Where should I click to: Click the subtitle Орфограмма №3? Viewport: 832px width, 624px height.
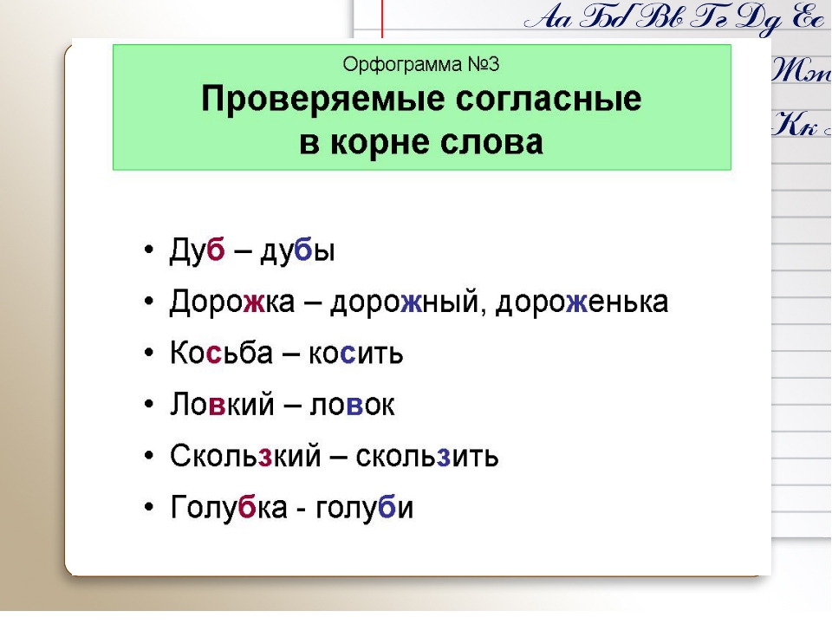pyautogui.click(x=421, y=64)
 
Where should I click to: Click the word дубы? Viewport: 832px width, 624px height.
pyautogui.click(x=297, y=250)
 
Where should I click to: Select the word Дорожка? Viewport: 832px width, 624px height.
pyautogui.click(x=232, y=302)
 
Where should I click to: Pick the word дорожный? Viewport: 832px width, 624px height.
pyautogui.click(x=405, y=302)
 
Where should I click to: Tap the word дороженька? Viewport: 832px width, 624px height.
pyautogui.click(x=582, y=302)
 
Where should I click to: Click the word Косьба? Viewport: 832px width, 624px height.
pyautogui.click(x=221, y=353)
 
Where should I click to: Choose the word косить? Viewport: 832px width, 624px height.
pyautogui.click(x=355, y=354)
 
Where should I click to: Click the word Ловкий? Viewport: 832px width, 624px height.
pyautogui.click(x=223, y=404)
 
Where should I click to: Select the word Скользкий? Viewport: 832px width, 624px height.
pyautogui.click(x=245, y=455)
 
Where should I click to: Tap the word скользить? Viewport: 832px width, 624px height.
pyautogui.click(x=427, y=457)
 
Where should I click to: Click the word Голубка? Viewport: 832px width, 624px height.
pyautogui.click(x=229, y=507)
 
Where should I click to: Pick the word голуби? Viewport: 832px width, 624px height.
pyautogui.click(x=364, y=507)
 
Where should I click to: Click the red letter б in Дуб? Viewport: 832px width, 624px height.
pyautogui.click(x=216, y=249)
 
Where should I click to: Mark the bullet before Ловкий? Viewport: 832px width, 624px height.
pyautogui.click(x=149, y=405)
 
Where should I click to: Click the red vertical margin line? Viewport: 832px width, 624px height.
pyautogui.click(x=382, y=19)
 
